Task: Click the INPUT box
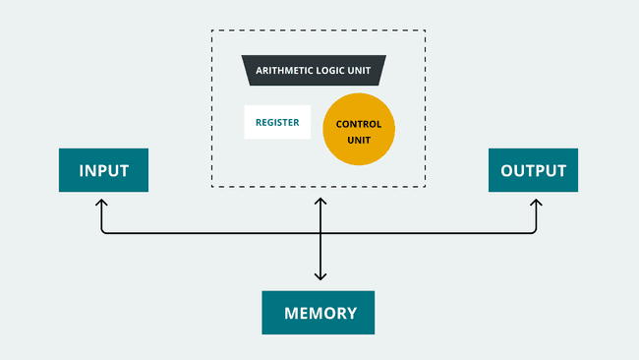tap(103, 170)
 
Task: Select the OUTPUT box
tap(533, 170)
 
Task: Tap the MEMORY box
tap(319, 313)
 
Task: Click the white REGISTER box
tap(277, 122)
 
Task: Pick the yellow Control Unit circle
tap(359, 131)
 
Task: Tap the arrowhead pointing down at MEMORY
tap(319, 277)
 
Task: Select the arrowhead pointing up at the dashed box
tap(319, 200)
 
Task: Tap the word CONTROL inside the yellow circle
tap(359, 125)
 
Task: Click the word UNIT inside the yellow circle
tap(359, 140)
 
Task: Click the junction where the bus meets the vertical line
tap(319, 233)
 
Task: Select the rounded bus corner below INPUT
tap(103, 231)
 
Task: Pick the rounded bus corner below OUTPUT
tap(535, 231)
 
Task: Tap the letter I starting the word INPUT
tap(81, 170)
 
